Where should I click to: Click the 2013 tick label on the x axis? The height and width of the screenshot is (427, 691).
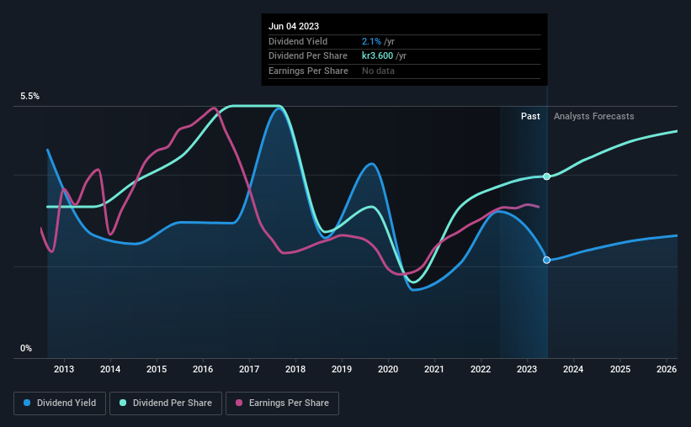[x=64, y=369]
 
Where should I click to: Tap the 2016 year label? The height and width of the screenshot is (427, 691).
[x=203, y=369]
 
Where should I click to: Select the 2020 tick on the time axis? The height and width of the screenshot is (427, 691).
[x=388, y=369]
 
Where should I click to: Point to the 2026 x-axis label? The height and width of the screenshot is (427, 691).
[x=666, y=369]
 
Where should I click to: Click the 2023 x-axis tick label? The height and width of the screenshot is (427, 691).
[x=527, y=369]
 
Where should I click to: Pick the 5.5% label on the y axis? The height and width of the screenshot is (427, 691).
[x=30, y=97]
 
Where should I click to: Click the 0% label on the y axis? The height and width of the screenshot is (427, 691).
[x=26, y=348]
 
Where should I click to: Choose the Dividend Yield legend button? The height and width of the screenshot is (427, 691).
[x=60, y=403]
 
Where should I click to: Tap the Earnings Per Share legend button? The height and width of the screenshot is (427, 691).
[x=282, y=403]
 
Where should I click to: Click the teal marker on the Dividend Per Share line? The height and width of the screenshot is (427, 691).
[x=547, y=177]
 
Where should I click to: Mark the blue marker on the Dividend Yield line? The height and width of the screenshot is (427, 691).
[x=547, y=260]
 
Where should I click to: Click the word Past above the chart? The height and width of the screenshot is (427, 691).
[x=530, y=116]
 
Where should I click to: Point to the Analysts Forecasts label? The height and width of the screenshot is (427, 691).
[x=594, y=116]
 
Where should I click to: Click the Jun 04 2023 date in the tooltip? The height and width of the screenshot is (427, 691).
[x=294, y=26]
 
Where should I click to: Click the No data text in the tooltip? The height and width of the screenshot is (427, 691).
[x=378, y=71]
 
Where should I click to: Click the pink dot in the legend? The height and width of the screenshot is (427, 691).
[x=238, y=403]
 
